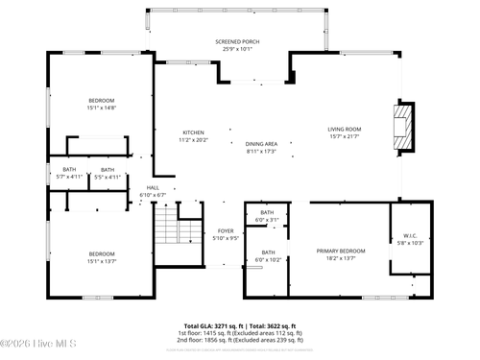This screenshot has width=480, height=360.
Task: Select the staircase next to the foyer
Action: pos(168,229)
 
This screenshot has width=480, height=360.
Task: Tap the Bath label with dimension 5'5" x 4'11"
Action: pos(107,173)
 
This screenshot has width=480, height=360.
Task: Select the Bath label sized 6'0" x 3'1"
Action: pos(266,216)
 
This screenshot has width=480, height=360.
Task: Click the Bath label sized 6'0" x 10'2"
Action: pos(266,255)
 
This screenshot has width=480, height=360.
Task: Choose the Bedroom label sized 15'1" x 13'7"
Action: pos(102,256)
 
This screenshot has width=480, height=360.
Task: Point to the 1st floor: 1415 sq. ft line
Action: pos(240,333)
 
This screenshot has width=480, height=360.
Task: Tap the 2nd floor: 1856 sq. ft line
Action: pos(240,340)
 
